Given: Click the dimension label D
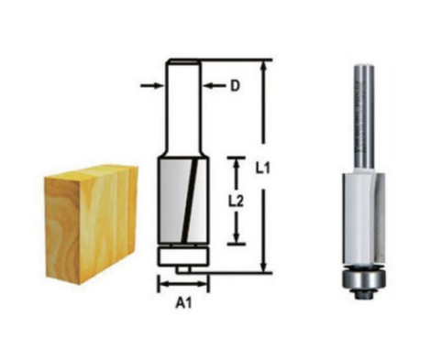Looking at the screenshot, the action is coord(235,86).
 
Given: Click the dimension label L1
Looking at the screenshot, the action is coord(263,168).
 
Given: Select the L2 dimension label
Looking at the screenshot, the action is coord(237,201).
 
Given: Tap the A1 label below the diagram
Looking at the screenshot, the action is coord(183,303).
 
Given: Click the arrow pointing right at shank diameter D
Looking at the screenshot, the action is coord(152,86).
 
